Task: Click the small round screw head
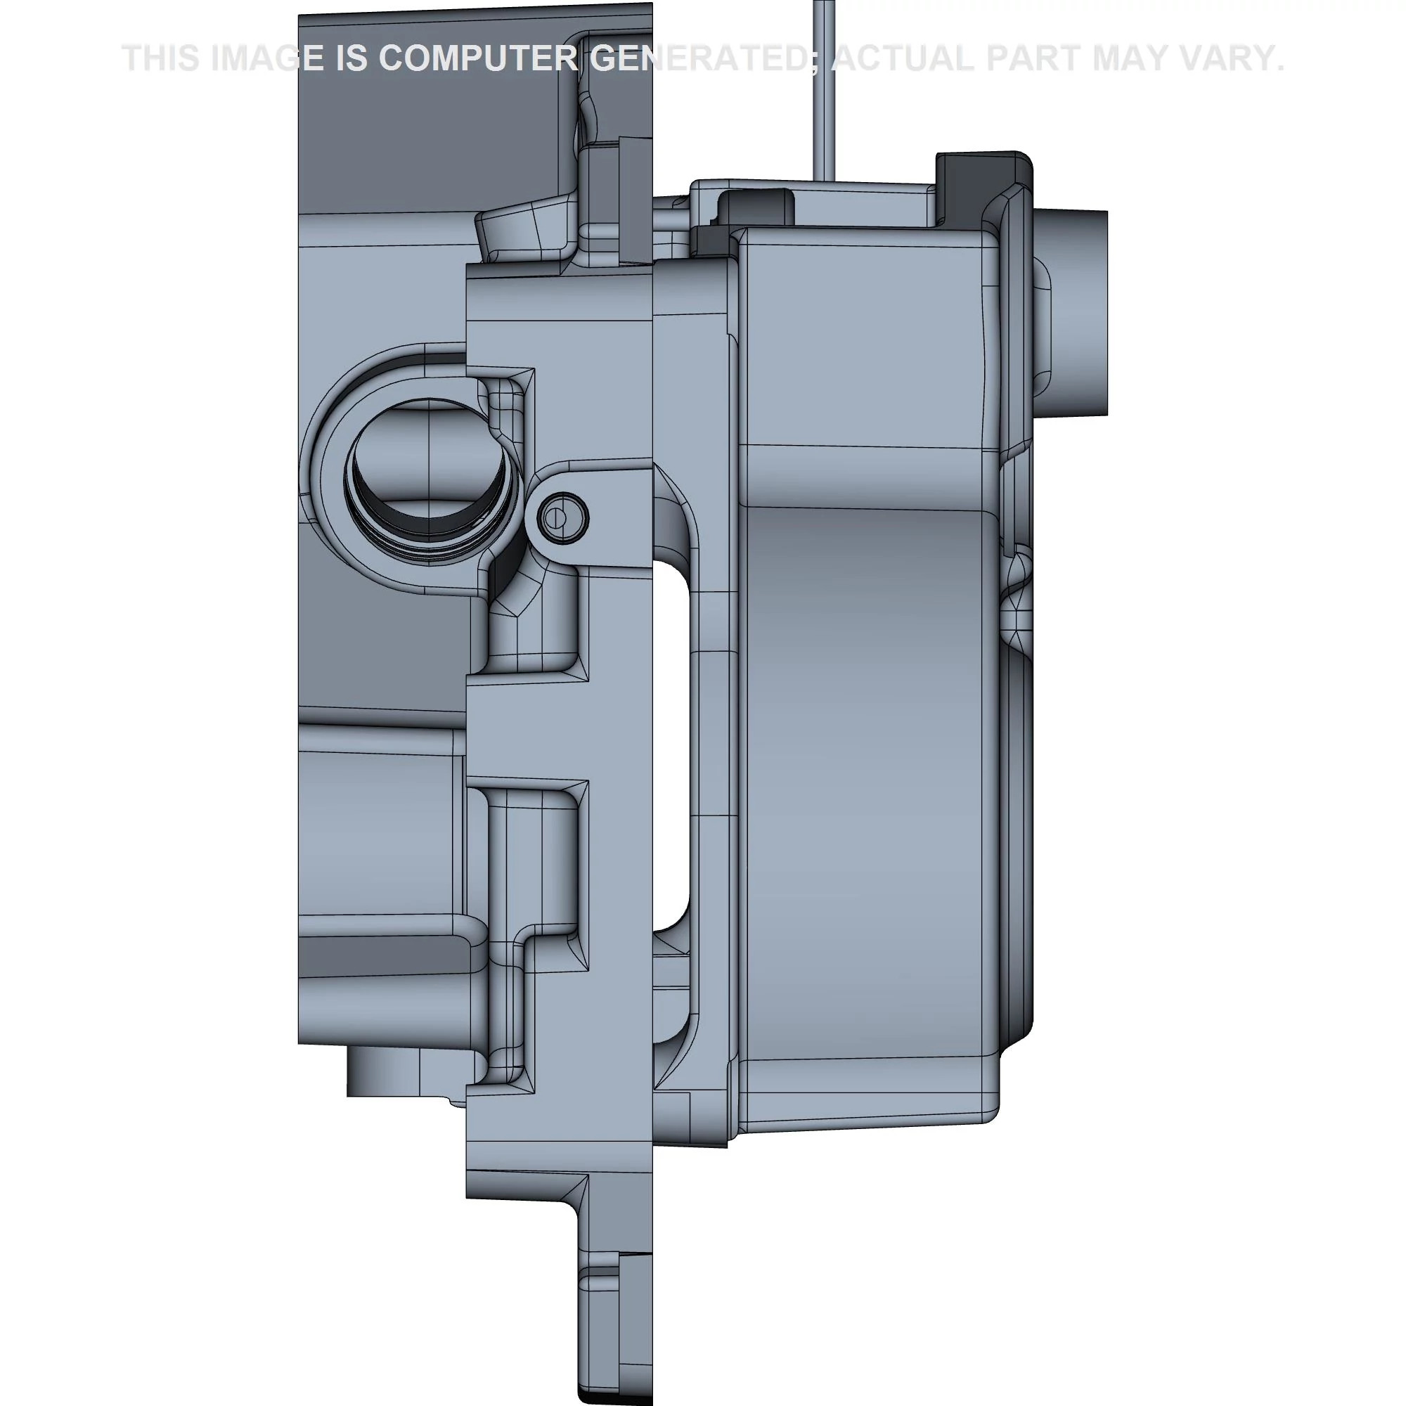(x=562, y=518)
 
